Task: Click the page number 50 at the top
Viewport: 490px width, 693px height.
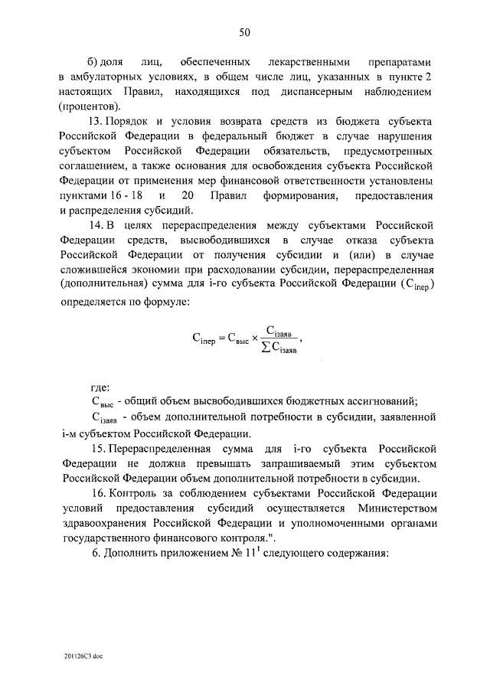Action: coord(245,32)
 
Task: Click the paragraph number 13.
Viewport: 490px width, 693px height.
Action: coord(96,123)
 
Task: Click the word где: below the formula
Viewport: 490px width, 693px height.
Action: coord(100,387)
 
